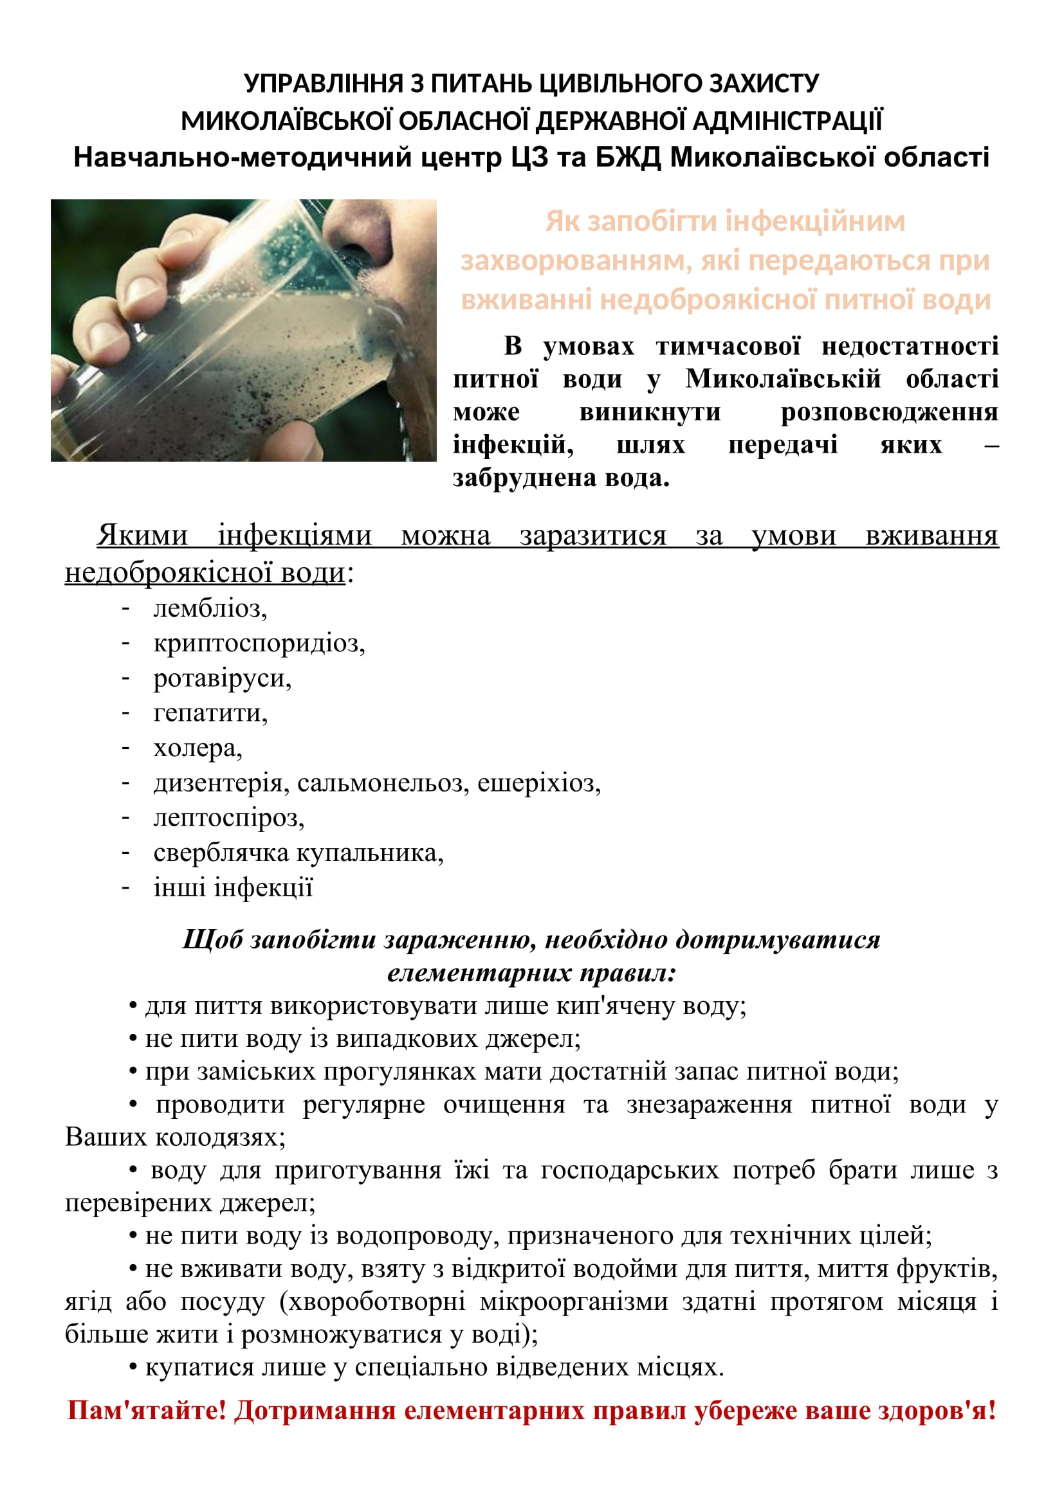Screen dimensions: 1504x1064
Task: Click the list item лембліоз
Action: pos(209,608)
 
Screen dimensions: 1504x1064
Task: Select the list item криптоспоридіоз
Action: pos(258,643)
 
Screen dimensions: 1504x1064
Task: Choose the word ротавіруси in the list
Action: pos(221,678)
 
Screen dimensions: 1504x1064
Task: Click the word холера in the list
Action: pos(197,747)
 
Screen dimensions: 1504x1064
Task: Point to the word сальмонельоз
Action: pos(383,783)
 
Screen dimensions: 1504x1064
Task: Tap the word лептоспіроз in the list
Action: pos(228,817)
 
